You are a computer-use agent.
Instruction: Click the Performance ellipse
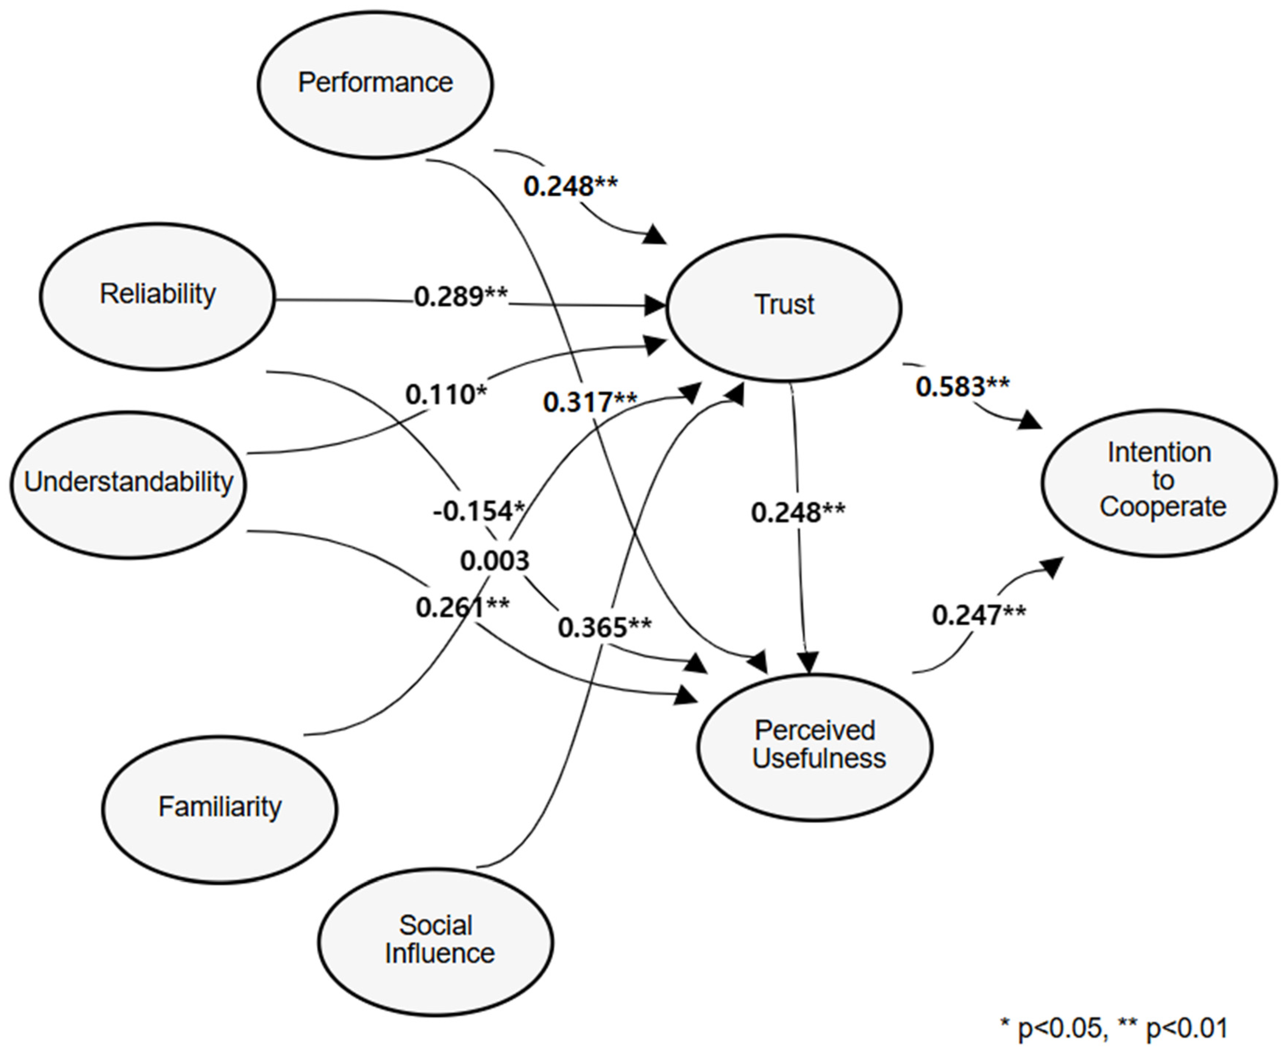(x=375, y=84)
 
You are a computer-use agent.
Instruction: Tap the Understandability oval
(x=128, y=484)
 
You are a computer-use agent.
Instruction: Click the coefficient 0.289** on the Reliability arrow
(x=461, y=297)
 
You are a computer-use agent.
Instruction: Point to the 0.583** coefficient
(x=962, y=386)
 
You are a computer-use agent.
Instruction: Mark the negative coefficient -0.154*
(x=478, y=512)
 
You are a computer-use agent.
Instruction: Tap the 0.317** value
(x=590, y=402)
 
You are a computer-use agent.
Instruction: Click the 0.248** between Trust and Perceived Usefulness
(x=798, y=513)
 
